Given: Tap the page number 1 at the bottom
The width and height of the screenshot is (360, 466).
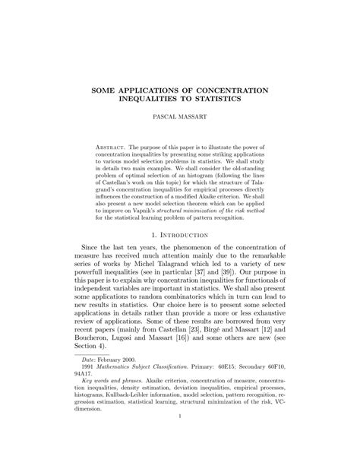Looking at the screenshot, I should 180,458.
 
